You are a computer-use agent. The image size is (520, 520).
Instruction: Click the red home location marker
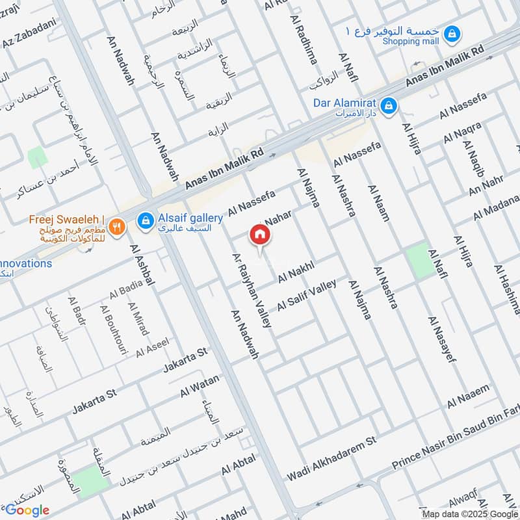(x=260, y=235)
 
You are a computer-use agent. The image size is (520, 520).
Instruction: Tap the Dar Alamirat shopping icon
(x=389, y=105)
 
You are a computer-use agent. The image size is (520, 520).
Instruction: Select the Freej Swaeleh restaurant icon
(x=117, y=226)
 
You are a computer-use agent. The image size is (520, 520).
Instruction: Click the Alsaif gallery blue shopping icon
(x=146, y=221)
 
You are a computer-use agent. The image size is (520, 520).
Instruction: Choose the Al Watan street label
(x=200, y=386)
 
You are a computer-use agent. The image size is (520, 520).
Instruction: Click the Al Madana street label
(x=497, y=207)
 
